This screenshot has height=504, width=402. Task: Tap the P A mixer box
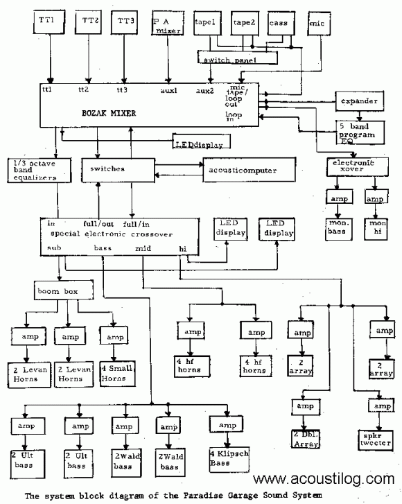point(167,26)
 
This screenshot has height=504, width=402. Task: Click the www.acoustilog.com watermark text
point(325,478)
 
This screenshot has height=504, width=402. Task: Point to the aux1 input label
point(168,90)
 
